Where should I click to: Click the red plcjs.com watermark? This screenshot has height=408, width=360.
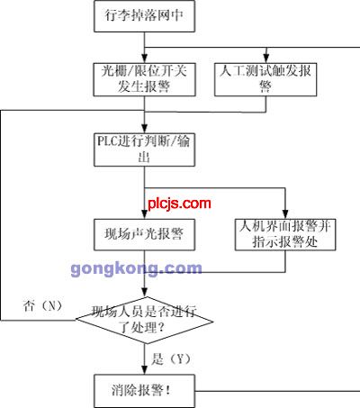tap(179, 204)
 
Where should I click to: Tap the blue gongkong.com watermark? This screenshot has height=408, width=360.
tap(137, 268)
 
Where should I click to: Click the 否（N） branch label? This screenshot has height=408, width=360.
tap(43, 306)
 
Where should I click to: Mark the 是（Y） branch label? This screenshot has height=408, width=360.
tap(171, 358)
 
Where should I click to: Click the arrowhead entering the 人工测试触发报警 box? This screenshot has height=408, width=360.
tap(265, 59)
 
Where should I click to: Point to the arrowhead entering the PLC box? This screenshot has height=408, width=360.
tap(145, 129)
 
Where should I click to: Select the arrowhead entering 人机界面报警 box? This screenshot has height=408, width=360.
tap(285, 214)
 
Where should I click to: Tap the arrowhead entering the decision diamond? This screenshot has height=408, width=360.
tap(145, 293)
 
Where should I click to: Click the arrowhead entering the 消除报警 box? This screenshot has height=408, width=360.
tap(145, 370)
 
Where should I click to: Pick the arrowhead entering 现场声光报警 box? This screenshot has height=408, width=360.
tap(145, 214)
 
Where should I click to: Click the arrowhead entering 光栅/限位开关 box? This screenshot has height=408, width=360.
tap(145, 59)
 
